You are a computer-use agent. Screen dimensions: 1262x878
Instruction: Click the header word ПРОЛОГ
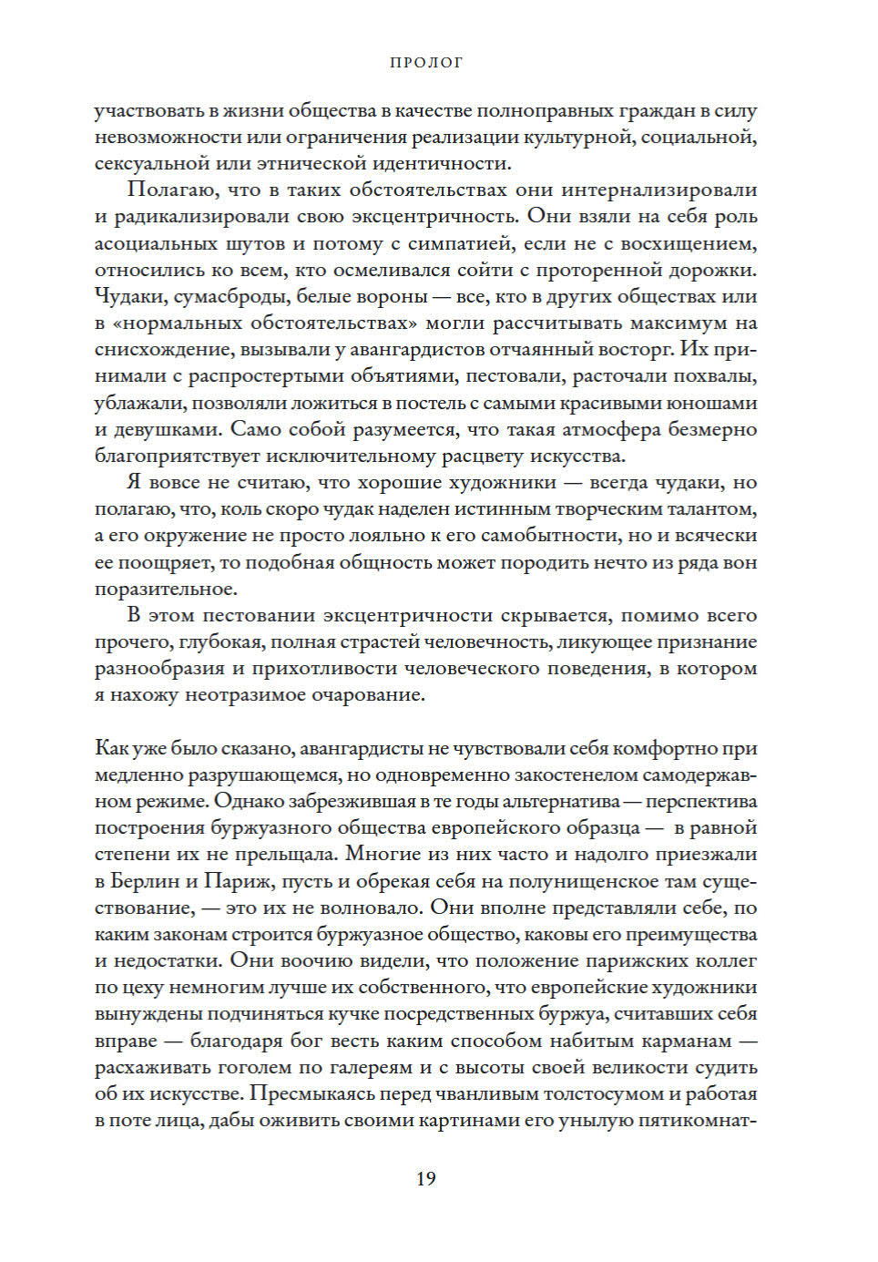[x=426, y=63]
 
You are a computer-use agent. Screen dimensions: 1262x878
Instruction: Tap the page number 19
[x=426, y=1178]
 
